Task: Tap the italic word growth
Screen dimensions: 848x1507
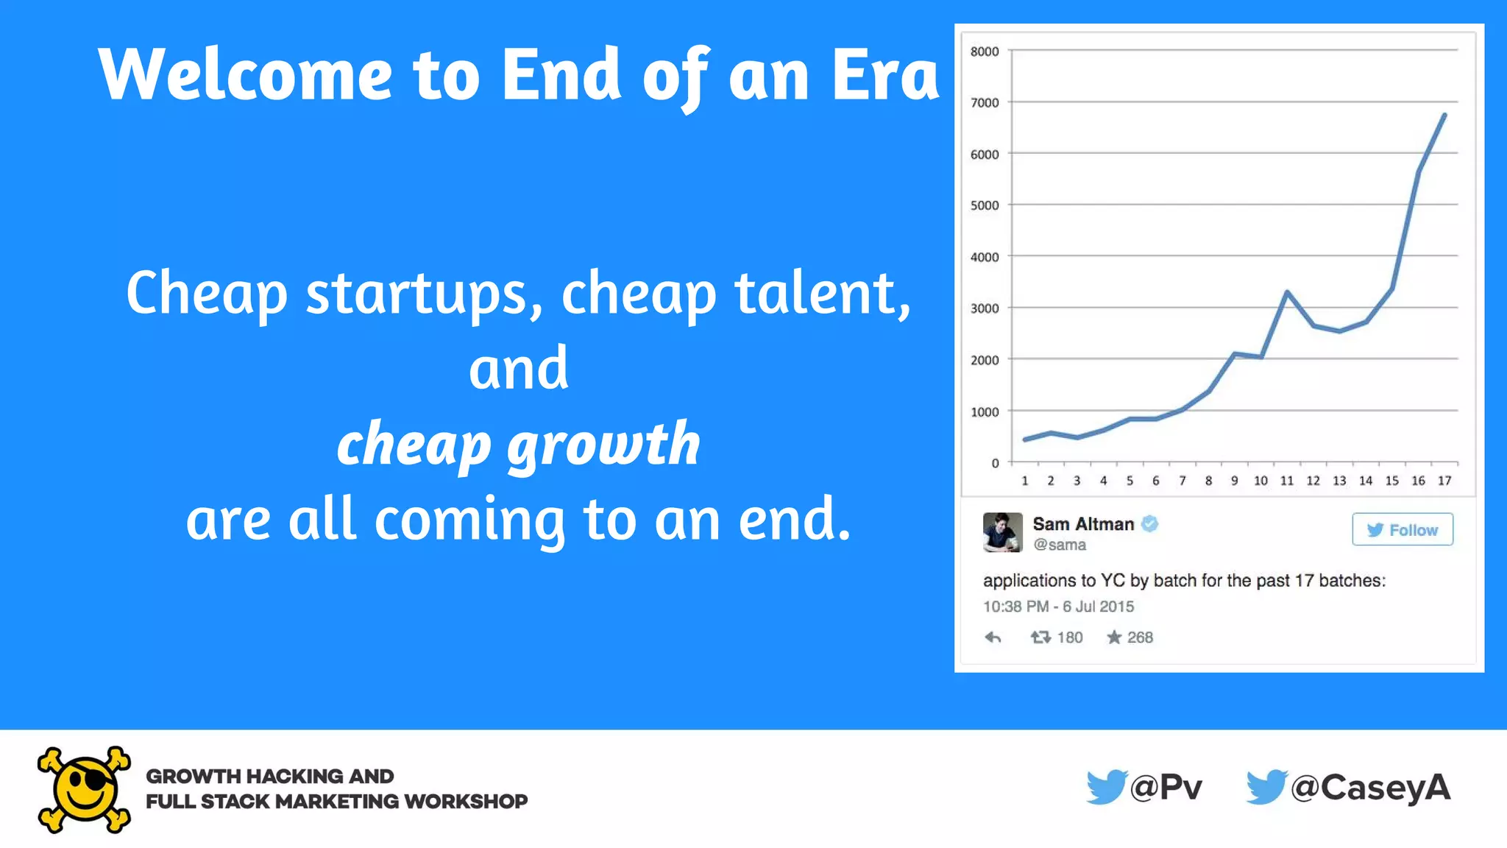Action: point(603,445)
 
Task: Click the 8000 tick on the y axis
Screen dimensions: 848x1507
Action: point(984,52)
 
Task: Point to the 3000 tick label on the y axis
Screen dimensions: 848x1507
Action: point(984,308)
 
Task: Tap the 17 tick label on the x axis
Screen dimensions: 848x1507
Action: point(1444,481)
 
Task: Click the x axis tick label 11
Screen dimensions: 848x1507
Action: point(1287,481)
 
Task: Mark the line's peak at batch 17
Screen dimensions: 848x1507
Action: point(1444,115)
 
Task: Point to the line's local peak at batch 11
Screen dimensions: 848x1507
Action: point(1287,292)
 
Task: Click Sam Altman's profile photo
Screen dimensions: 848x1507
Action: point(1002,532)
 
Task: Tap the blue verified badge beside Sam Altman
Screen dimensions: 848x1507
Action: point(1150,523)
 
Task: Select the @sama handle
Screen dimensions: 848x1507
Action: point(1060,545)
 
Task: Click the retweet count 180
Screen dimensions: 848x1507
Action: point(1070,637)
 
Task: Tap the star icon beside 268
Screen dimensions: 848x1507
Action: point(1114,637)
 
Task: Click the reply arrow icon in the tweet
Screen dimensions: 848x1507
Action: point(993,637)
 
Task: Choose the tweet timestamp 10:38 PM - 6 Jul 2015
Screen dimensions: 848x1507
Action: point(1058,607)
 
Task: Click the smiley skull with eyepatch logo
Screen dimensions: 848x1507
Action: point(84,790)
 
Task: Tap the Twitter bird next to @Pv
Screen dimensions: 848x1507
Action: point(1106,787)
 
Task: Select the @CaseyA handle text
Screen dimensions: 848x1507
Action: point(1370,788)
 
